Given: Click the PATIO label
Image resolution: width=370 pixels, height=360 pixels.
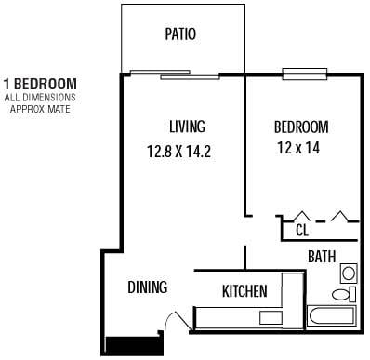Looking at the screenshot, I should (180, 35).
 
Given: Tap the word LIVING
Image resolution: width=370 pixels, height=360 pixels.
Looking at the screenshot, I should (187, 127).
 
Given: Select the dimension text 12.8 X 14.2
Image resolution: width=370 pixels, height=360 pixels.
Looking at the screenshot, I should (179, 152).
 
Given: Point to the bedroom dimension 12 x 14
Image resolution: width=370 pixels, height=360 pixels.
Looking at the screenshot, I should (300, 147).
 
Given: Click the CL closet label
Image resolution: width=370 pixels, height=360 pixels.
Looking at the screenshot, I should (302, 230).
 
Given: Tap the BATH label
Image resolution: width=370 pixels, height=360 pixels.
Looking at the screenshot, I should (323, 256).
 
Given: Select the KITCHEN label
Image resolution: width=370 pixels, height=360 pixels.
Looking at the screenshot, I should (244, 291).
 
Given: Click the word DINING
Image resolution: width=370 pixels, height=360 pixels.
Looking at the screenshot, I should (147, 287).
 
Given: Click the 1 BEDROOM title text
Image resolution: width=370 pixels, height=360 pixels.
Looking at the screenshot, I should (40, 84).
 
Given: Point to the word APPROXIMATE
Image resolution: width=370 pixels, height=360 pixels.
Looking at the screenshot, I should (40, 108).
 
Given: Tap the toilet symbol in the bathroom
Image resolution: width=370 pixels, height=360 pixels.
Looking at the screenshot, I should (343, 294).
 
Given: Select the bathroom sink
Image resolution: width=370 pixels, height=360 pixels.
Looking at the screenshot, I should (348, 273).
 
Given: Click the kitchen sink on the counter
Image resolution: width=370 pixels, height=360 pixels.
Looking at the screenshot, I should (271, 318).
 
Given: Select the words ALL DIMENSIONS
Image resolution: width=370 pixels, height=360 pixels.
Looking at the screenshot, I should (40, 97).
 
